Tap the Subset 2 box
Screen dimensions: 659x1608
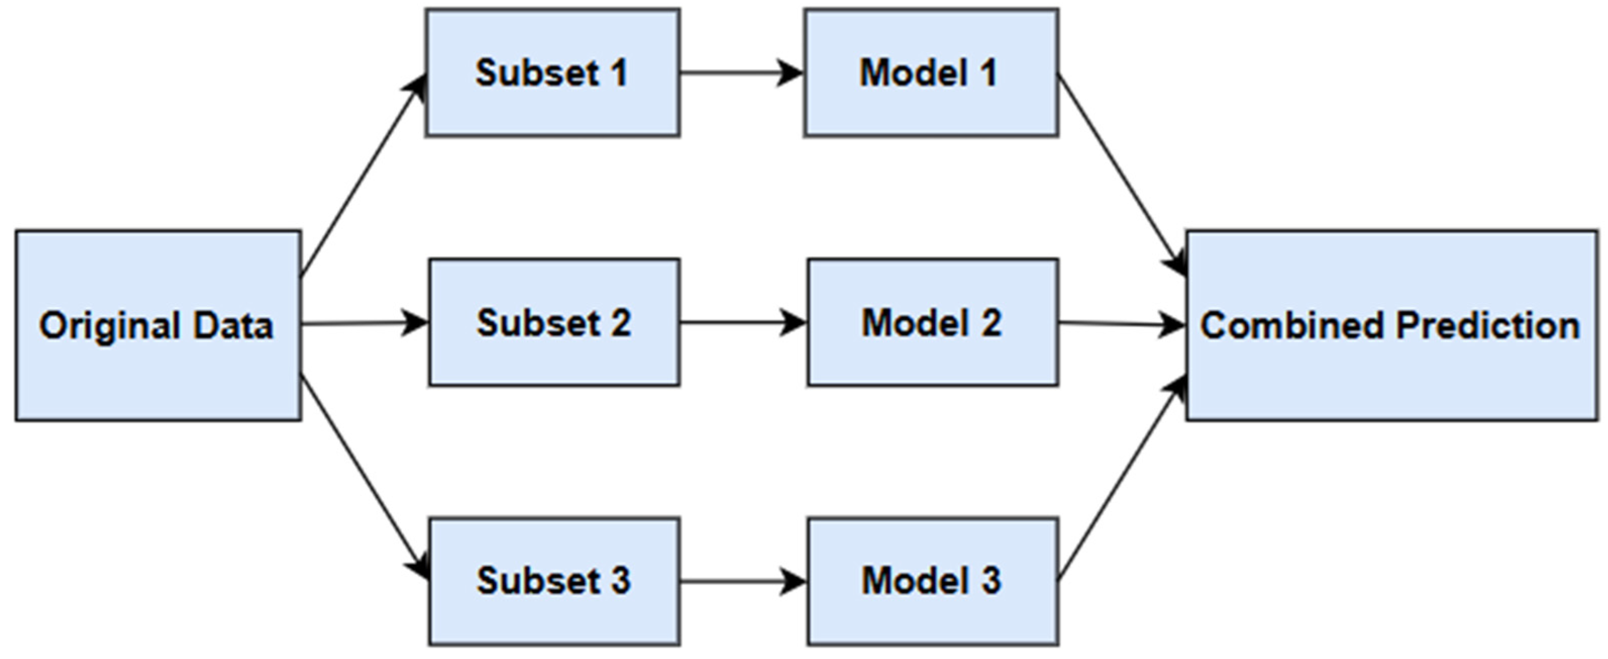pyautogui.click(x=554, y=359)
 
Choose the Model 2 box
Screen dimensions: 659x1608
pyautogui.click(x=933, y=359)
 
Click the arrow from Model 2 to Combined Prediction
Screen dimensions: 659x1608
pyautogui.click(x=1121, y=324)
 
